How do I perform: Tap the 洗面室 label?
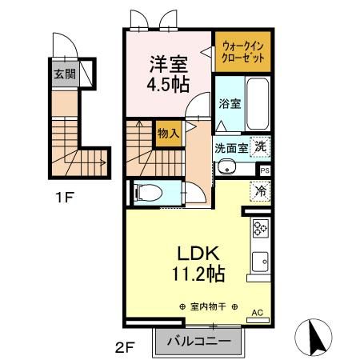[x=231, y=149]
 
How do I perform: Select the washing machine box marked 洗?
[x=261, y=146]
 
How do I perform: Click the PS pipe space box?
[x=263, y=170]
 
